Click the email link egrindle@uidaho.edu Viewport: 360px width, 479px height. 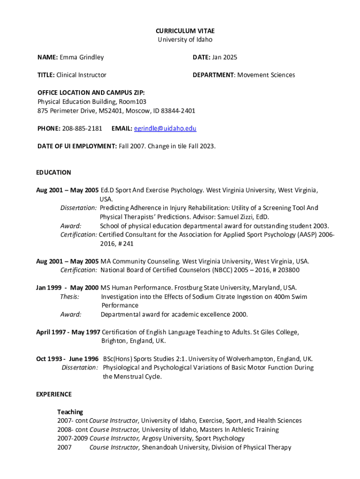[165, 128]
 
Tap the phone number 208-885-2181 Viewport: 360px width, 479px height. [82, 128]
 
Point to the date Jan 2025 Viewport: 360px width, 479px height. [224, 57]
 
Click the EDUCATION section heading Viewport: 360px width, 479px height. [54, 172]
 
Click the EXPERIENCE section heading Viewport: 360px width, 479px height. [54, 394]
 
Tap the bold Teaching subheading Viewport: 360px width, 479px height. [70, 412]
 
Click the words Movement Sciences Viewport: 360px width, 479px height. [266, 75]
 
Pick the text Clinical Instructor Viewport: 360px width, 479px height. [81, 75]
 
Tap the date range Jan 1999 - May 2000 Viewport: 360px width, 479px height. [67, 288]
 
